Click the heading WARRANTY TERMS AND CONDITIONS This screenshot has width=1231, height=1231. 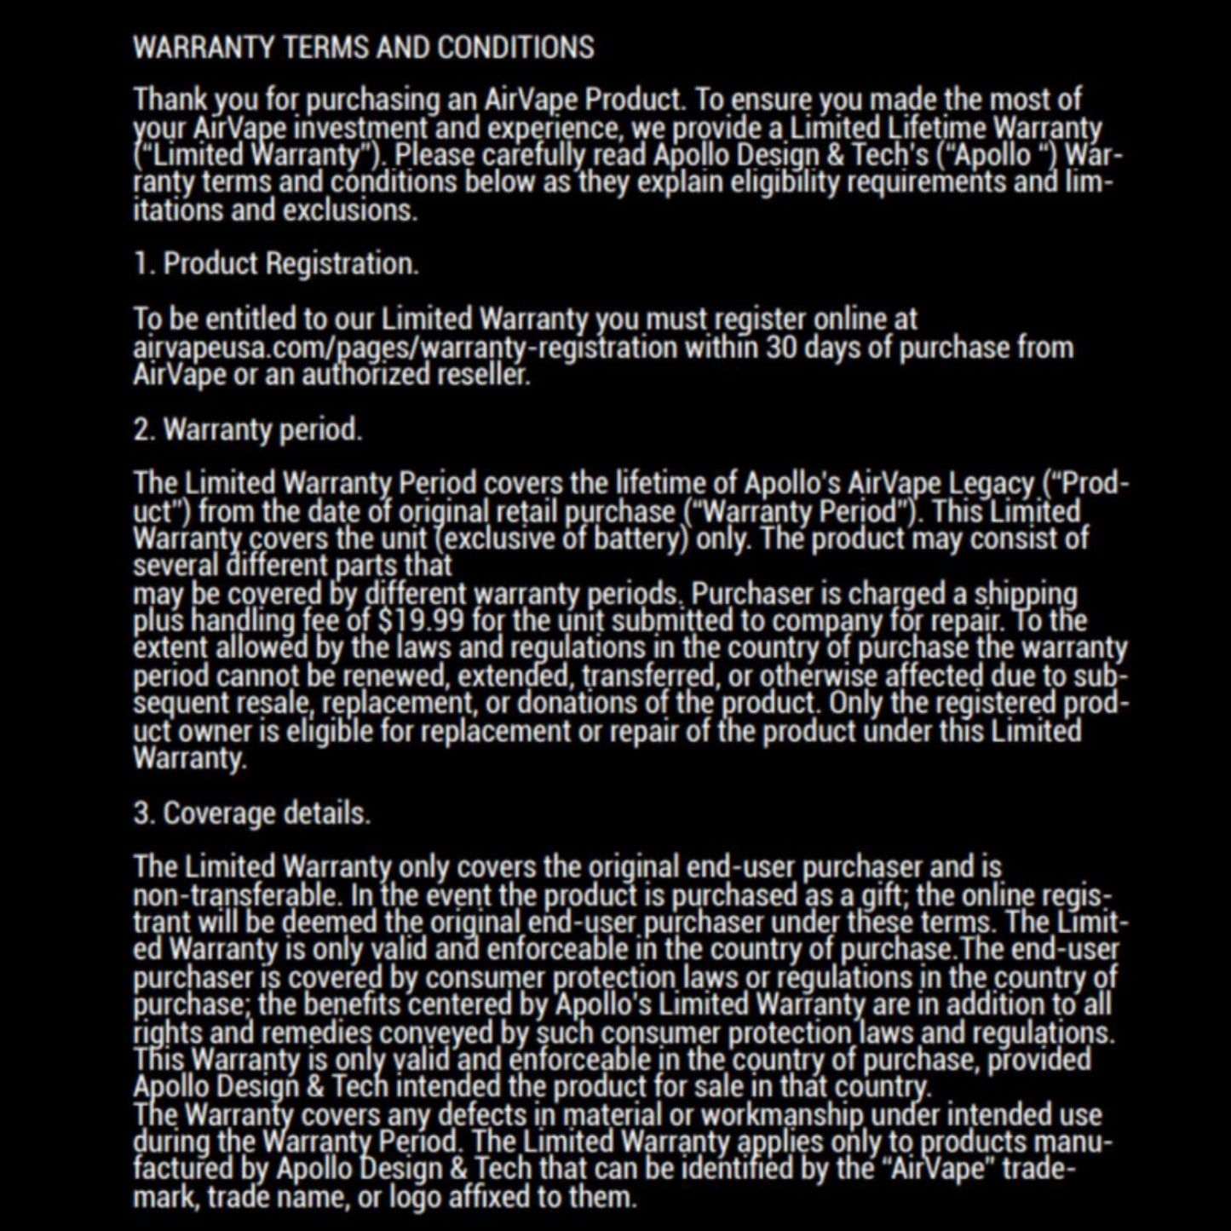pos(364,48)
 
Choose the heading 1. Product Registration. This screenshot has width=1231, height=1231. pos(276,264)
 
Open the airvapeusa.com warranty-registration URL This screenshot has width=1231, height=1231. pos(405,348)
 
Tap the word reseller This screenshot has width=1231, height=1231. pos(485,375)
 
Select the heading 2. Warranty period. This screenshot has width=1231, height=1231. pos(248,429)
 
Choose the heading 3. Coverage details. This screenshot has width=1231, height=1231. pos(252,814)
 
